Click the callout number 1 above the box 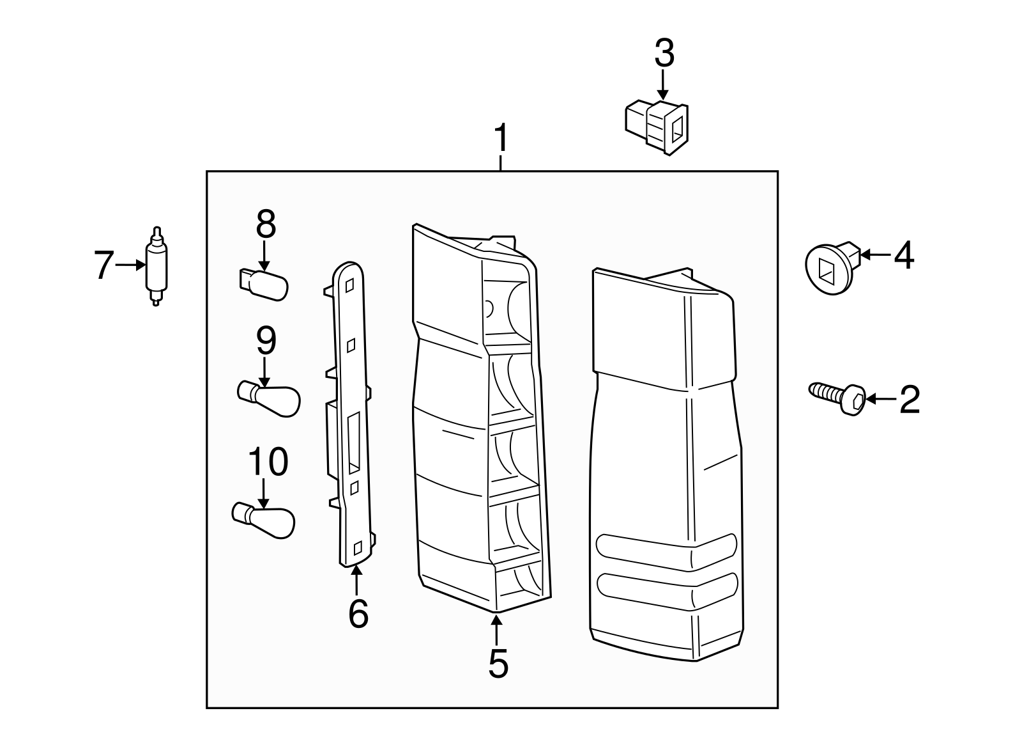[x=501, y=139]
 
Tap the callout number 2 [x=909, y=400]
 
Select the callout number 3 [x=664, y=54]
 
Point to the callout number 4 [x=903, y=255]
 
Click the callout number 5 [x=498, y=663]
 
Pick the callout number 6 [x=358, y=613]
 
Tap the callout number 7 [x=103, y=265]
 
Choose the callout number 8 [x=265, y=225]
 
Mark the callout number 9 [x=266, y=341]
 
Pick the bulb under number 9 [x=268, y=398]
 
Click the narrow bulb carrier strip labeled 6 [x=350, y=416]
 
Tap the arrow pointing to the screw [x=881, y=400]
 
